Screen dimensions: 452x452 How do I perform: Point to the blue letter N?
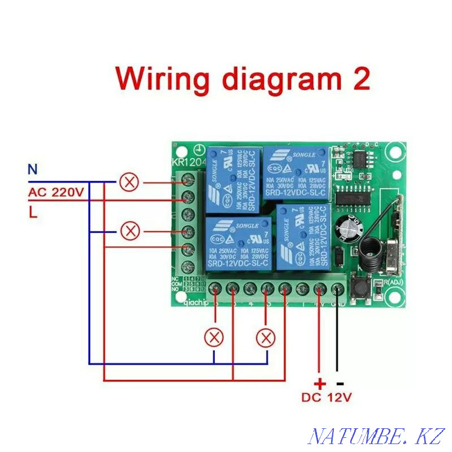coord(33,168)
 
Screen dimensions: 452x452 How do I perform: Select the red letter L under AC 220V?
coord(32,213)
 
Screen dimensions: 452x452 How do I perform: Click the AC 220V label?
coord(56,192)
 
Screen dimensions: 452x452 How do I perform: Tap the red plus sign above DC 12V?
coord(319,383)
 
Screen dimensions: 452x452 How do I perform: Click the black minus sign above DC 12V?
coord(340,383)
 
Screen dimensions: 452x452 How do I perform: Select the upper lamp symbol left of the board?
coord(131,182)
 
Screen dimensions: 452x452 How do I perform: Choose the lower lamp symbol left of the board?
coord(131,231)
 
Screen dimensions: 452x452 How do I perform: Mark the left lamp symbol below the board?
coord(214,337)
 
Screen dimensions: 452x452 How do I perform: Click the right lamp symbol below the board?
coord(266,337)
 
